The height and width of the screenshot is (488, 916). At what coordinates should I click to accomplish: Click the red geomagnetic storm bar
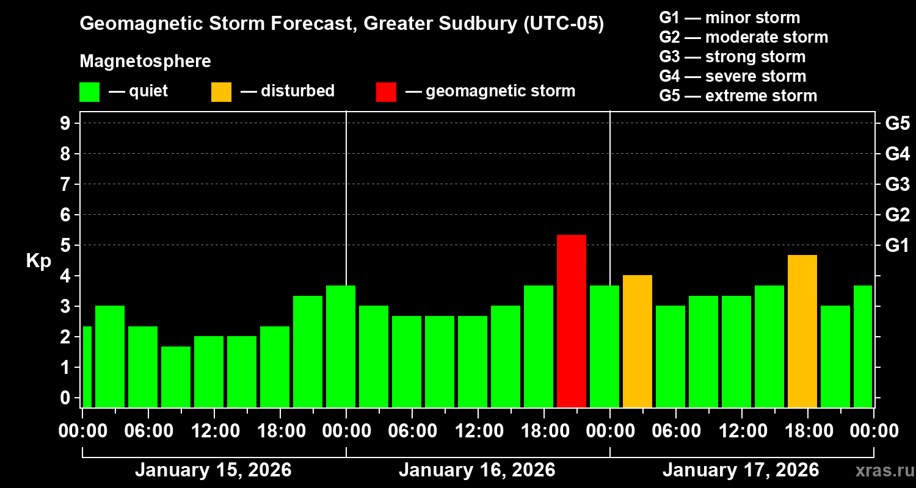click(572, 321)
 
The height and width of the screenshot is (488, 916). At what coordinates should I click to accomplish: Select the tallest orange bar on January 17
click(802, 331)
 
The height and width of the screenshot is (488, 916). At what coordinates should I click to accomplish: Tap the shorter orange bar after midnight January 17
click(638, 341)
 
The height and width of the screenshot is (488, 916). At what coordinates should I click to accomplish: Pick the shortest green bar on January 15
click(176, 376)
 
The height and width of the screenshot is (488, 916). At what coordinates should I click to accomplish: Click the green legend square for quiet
click(89, 91)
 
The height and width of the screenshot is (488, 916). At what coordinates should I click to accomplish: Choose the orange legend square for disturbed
click(221, 91)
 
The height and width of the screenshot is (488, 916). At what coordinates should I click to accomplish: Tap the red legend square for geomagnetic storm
click(386, 91)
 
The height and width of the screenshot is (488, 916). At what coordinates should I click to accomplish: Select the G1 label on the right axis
click(897, 246)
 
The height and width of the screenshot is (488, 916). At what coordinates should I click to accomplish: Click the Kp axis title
click(38, 261)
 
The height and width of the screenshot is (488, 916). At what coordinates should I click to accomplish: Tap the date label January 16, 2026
click(477, 470)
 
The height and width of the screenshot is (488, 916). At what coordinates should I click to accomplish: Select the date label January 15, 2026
click(213, 470)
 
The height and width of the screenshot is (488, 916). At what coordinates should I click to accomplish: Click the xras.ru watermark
click(880, 471)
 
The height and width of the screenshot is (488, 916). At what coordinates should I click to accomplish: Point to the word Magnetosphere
click(145, 62)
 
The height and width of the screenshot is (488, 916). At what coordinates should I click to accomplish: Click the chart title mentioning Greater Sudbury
click(342, 24)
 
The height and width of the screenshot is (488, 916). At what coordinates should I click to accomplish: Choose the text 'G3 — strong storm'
click(732, 57)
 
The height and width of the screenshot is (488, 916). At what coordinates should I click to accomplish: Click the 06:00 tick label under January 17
click(677, 431)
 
